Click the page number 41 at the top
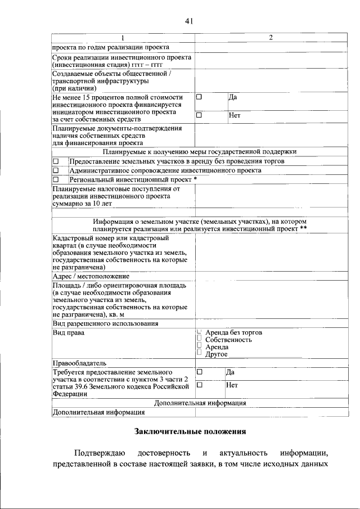pyautogui.click(x=189, y=21)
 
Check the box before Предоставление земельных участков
pyautogui.click(x=56, y=161)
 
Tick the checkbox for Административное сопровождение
pyautogui.click(x=56, y=170)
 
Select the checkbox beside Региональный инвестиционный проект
pyautogui.click(x=56, y=179)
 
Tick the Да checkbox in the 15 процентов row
pyautogui.click(x=199, y=97)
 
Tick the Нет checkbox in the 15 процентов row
pyautogui.click(x=199, y=115)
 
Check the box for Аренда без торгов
pyautogui.click(x=199, y=332)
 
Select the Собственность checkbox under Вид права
pyautogui.click(x=199, y=340)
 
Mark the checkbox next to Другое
pyautogui.click(x=199, y=354)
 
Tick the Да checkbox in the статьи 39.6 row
pyautogui.click(x=199, y=372)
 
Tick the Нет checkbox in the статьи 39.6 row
pyautogui.click(x=199, y=385)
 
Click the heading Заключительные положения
pyautogui.click(x=191, y=432)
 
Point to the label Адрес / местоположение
pyautogui.click(x=91, y=276)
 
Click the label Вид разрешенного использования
pyautogui.click(x=105, y=323)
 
